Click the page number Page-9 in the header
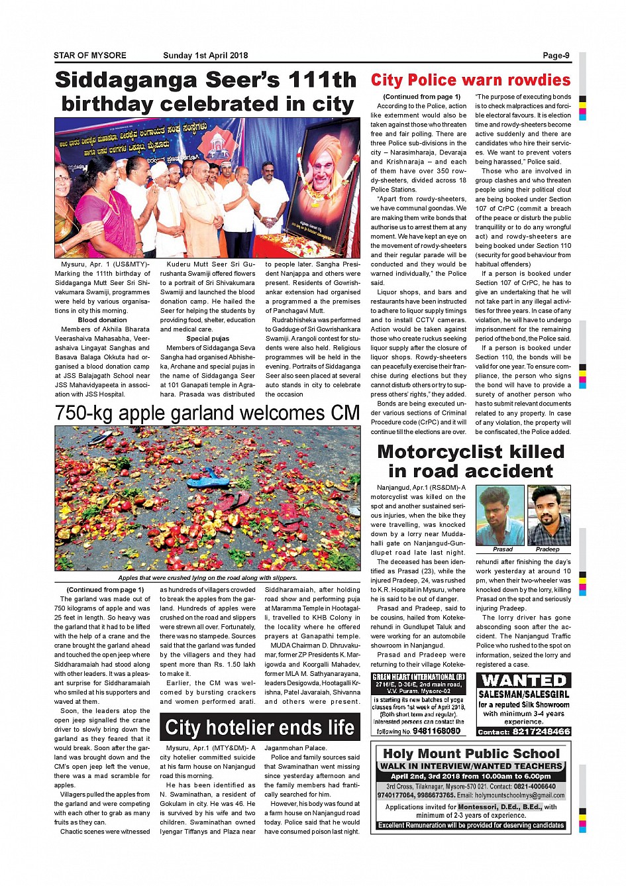[556, 56]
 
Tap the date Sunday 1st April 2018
[205, 56]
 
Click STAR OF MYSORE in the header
[90, 56]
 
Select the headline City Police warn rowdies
[470, 81]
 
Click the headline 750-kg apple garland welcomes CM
[207, 414]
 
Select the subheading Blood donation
[102, 320]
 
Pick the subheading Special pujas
[207, 339]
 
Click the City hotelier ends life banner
[260, 728]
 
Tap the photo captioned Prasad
[501, 516]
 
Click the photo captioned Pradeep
[548, 516]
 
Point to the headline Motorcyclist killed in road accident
[470, 461]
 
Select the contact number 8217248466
[541, 732]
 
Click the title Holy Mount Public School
[471, 753]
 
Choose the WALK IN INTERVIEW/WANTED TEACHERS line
[471, 766]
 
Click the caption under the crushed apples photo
[207, 578]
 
